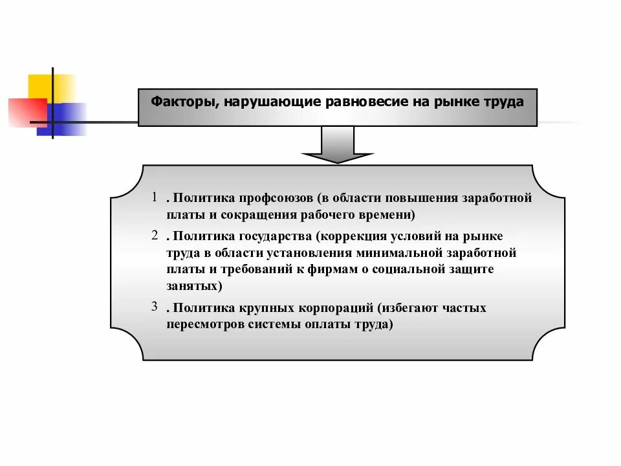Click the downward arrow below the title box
tap(338, 146)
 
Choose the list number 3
tap(155, 306)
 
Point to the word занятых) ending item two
tap(193, 285)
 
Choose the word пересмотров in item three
tap(205, 324)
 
